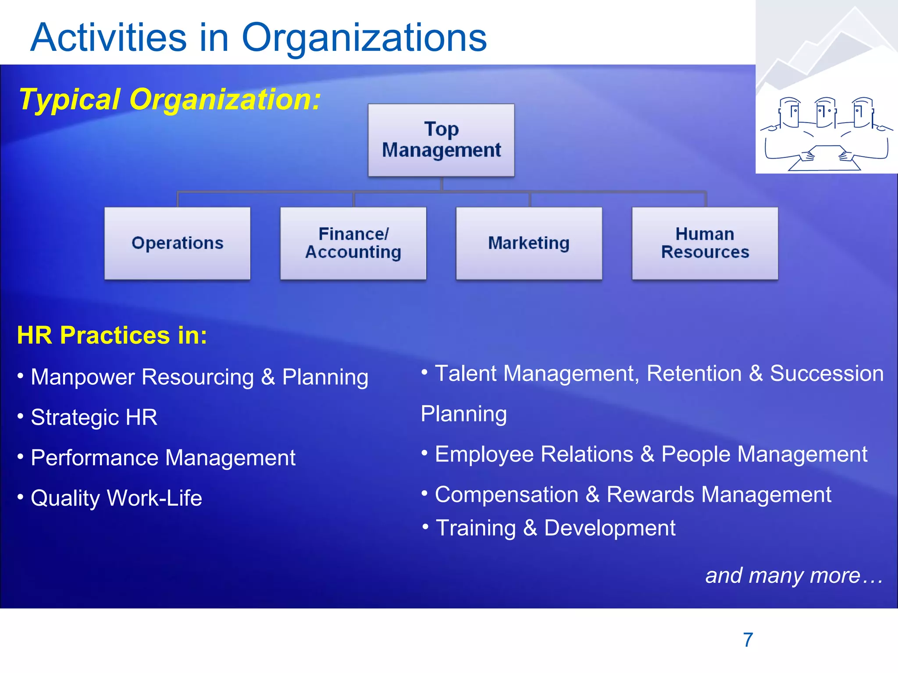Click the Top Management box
coord(441,140)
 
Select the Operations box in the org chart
coord(178,243)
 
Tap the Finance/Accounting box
coord(353,243)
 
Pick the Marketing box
coord(529,243)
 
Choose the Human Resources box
coord(705,243)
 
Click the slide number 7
coord(748,640)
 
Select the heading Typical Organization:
coord(170,99)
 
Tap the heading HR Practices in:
coord(112,336)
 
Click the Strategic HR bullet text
coord(94,417)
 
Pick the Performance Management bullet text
coord(163,458)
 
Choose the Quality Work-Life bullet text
coord(116,498)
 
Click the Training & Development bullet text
coord(556,528)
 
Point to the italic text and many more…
coord(794,575)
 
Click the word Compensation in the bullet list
coord(506,495)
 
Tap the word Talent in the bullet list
coord(466,374)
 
